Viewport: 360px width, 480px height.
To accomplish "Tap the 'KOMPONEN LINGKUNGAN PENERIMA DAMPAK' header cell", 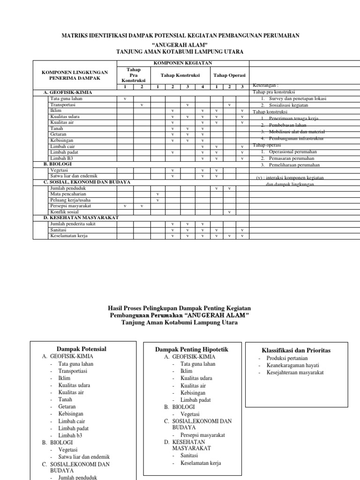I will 75,75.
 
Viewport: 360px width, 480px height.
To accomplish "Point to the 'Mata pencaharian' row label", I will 68,194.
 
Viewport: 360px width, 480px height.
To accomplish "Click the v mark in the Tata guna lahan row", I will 125,99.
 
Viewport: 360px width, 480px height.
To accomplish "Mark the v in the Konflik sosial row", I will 229,212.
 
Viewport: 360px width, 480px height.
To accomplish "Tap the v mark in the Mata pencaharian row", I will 157,194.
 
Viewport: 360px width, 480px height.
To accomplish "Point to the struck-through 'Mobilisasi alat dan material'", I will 295,132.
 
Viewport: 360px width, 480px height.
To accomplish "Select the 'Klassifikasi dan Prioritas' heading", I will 299,350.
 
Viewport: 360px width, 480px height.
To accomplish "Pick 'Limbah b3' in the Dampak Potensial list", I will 70,435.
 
